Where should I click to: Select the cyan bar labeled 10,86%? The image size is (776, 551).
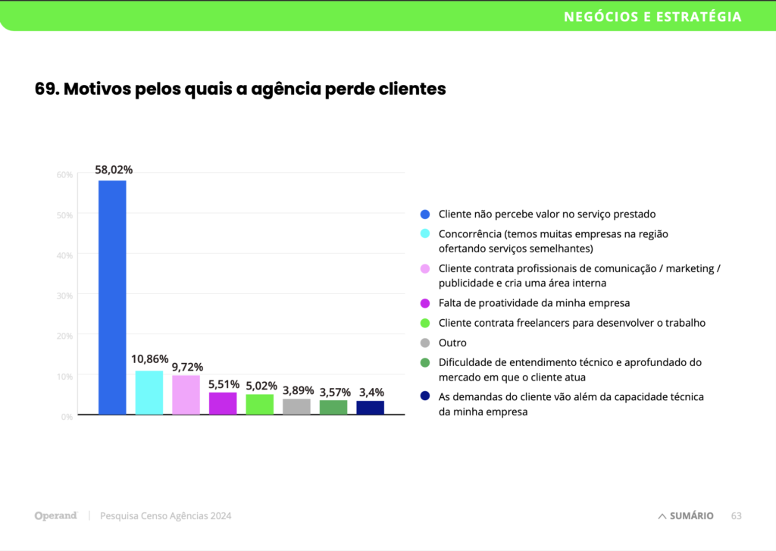click(x=149, y=393)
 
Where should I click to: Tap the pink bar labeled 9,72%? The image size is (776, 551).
click(x=186, y=395)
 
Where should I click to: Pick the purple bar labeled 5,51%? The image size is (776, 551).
click(x=223, y=403)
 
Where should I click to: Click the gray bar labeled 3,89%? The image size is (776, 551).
click(x=296, y=406)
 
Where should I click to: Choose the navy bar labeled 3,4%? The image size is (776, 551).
click(x=370, y=407)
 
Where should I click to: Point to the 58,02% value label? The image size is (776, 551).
click(x=112, y=170)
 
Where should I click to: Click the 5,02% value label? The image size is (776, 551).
click(x=260, y=385)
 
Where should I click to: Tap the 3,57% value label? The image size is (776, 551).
click(x=333, y=392)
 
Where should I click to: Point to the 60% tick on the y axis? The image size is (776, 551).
click(x=64, y=175)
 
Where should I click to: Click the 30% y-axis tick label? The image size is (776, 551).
click(x=64, y=296)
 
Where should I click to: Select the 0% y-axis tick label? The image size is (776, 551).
click(x=67, y=416)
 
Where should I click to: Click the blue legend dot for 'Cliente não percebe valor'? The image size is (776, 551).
click(x=424, y=214)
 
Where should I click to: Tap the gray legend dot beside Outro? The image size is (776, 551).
click(x=424, y=343)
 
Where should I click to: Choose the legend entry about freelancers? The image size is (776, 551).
click(x=571, y=323)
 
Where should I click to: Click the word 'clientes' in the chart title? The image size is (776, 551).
click(x=414, y=89)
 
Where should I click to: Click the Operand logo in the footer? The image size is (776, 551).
click(x=56, y=516)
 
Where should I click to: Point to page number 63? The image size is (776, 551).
click(x=736, y=516)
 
